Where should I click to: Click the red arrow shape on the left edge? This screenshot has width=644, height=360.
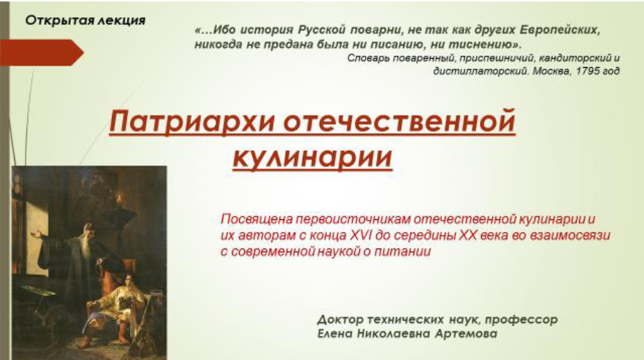(42, 53)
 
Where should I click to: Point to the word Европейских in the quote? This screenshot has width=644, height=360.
(560, 31)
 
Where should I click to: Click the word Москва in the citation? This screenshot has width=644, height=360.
(552, 71)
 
